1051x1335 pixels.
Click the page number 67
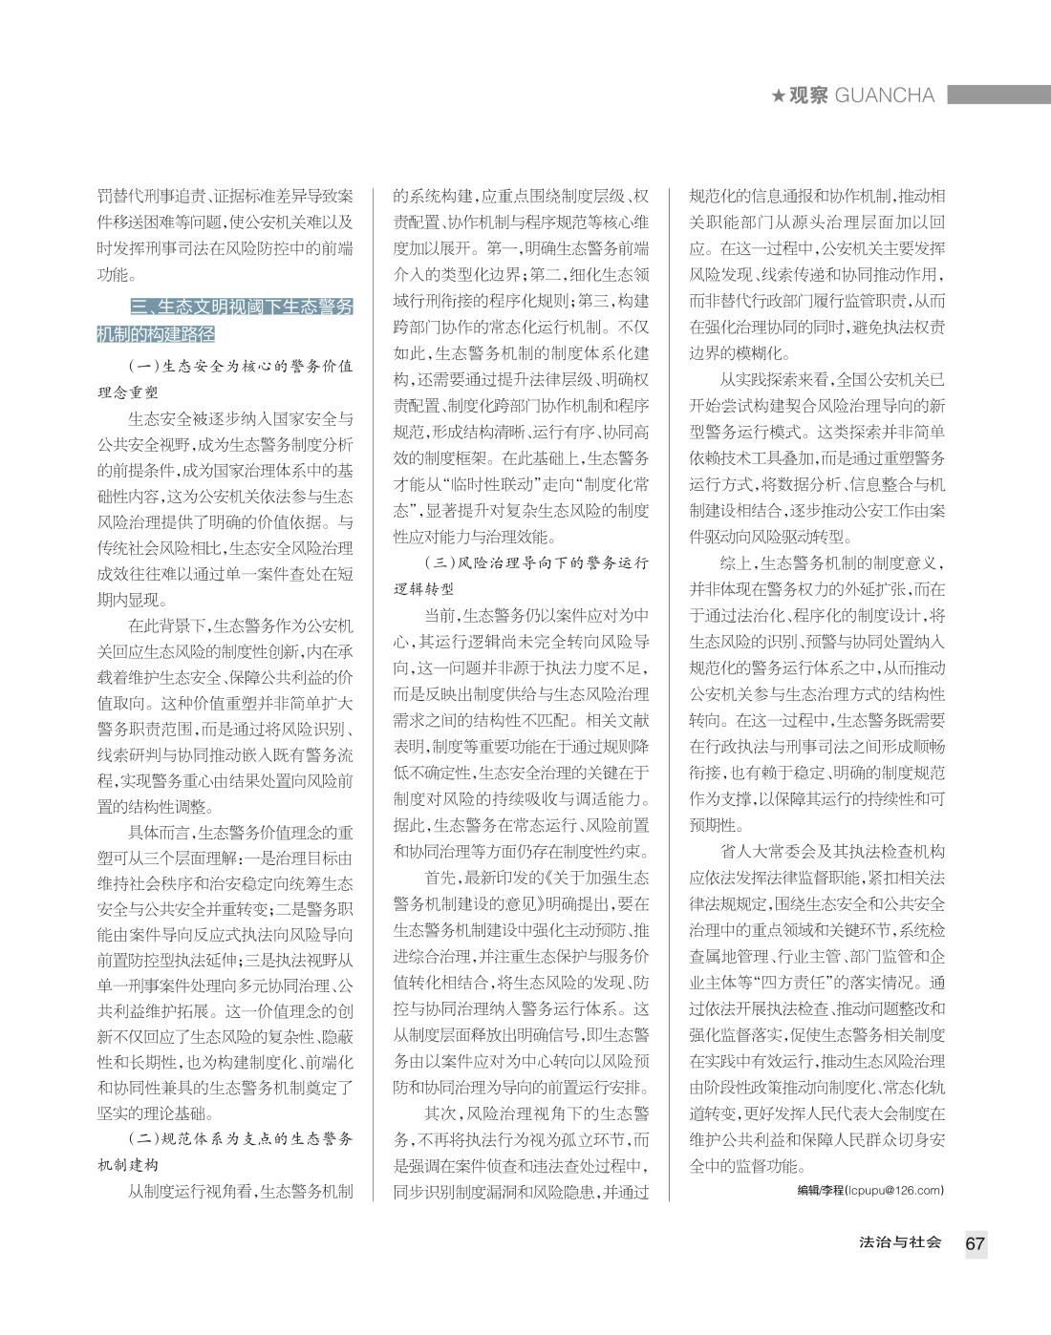pos(975,1243)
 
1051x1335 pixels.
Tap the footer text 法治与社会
pos(900,1242)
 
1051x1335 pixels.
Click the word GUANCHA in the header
pos(885,95)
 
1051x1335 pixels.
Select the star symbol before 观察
pos(779,95)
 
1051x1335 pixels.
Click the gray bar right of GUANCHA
pos(997,95)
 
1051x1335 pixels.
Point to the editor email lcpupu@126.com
pos(894,1190)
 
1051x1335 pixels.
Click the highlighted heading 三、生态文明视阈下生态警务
pos(241,307)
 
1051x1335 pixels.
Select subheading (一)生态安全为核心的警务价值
pos(241,366)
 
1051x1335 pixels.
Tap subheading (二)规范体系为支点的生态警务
pos(241,1138)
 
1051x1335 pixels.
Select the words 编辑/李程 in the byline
pos(821,1190)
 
